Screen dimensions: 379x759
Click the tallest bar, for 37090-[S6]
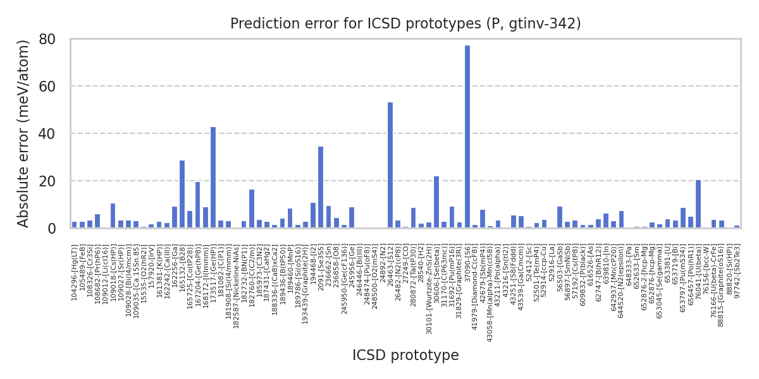(x=467, y=136)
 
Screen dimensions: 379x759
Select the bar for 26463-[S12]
(x=390, y=165)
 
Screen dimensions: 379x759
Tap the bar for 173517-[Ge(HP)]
(x=213, y=177)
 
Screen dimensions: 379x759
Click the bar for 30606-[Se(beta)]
(x=436, y=202)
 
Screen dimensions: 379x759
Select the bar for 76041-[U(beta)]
(x=698, y=204)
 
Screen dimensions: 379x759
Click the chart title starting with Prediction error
(x=405, y=24)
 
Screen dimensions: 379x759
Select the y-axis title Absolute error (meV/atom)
(x=24, y=133)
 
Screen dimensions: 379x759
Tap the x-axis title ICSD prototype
(x=405, y=356)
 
